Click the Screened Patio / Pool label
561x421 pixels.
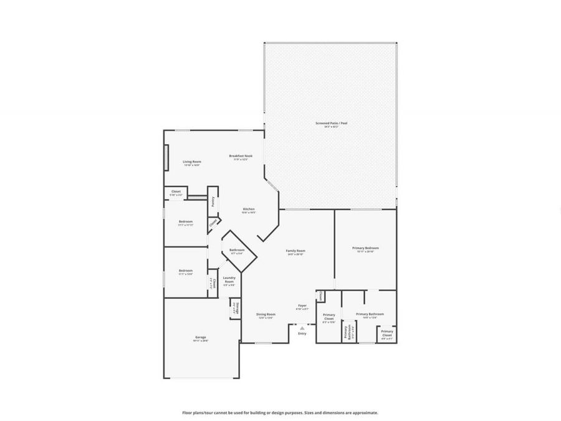pos(331,123)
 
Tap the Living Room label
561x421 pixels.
pos(192,162)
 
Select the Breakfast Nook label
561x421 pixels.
pos(241,157)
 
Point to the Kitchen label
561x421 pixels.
pos(249,210)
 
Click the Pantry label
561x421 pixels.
pos(213,201)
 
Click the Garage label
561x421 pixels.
pos(201,338)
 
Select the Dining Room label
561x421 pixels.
pos(266,315)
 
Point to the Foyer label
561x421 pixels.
pos(302,306)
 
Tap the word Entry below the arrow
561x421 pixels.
pos(302,334)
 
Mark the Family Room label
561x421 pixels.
pos(295,251)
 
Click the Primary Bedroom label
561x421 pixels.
pos(366,248)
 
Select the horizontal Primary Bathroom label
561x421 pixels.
pos(370,315)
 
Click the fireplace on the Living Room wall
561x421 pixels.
pos(166,157)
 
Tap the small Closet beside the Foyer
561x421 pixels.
pos(321,296)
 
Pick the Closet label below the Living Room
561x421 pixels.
pos(176,193)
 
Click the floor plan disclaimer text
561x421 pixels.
pos(280,412)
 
